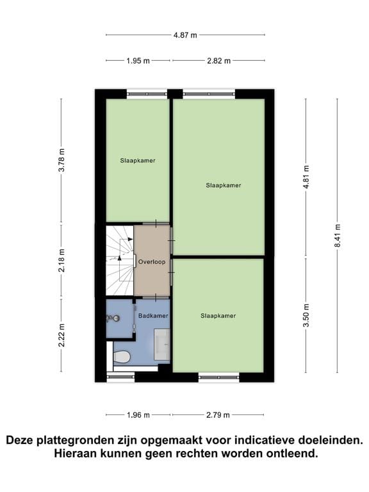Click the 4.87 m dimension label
click(184, 35)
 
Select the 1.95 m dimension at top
click(138, 61)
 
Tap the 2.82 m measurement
click(218, 61)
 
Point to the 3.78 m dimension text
click(61, 160)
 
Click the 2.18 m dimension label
click(61, 261)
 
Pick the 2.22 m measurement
click(61, 335)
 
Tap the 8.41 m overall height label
click(338, 236)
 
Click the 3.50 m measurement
click(306, 316)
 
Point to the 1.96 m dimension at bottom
click(138, 415)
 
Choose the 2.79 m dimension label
click(218, 415)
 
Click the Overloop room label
click(152, 262)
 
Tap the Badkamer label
click(154, 316)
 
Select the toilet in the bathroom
click(122, 356)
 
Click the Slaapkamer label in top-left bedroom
click(138, 160)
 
